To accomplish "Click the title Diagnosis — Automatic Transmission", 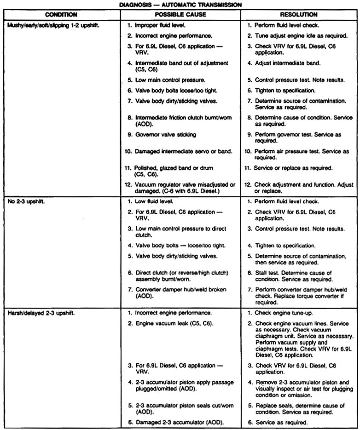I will [180, 5].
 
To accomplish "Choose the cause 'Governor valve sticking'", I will [164, 135].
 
